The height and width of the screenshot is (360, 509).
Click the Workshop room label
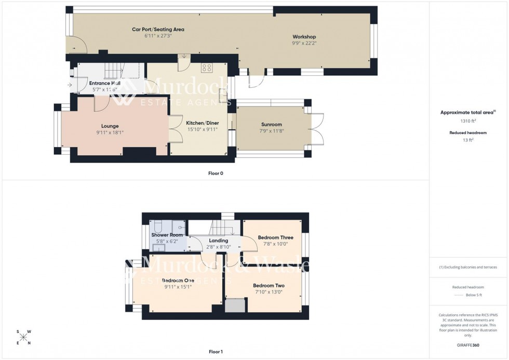[304, 37]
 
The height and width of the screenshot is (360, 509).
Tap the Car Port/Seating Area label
[158, 30]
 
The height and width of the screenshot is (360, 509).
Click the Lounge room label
[110, 126]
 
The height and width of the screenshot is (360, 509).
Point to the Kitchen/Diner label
[203, 123]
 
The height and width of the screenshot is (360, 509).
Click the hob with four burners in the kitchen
[206, 67]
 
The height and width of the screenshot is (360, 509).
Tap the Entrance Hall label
[105, 83]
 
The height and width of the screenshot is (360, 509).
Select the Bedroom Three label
[275, 237]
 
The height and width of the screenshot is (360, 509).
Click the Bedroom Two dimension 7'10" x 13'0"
[269, 292]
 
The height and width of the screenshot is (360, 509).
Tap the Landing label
[219, 241]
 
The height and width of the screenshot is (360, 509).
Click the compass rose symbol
[23, 337]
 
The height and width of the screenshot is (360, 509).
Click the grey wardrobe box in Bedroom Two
[235, 305]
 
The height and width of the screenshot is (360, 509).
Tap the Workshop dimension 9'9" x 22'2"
[304, 44]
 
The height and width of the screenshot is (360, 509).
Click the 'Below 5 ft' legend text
[474, 295]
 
